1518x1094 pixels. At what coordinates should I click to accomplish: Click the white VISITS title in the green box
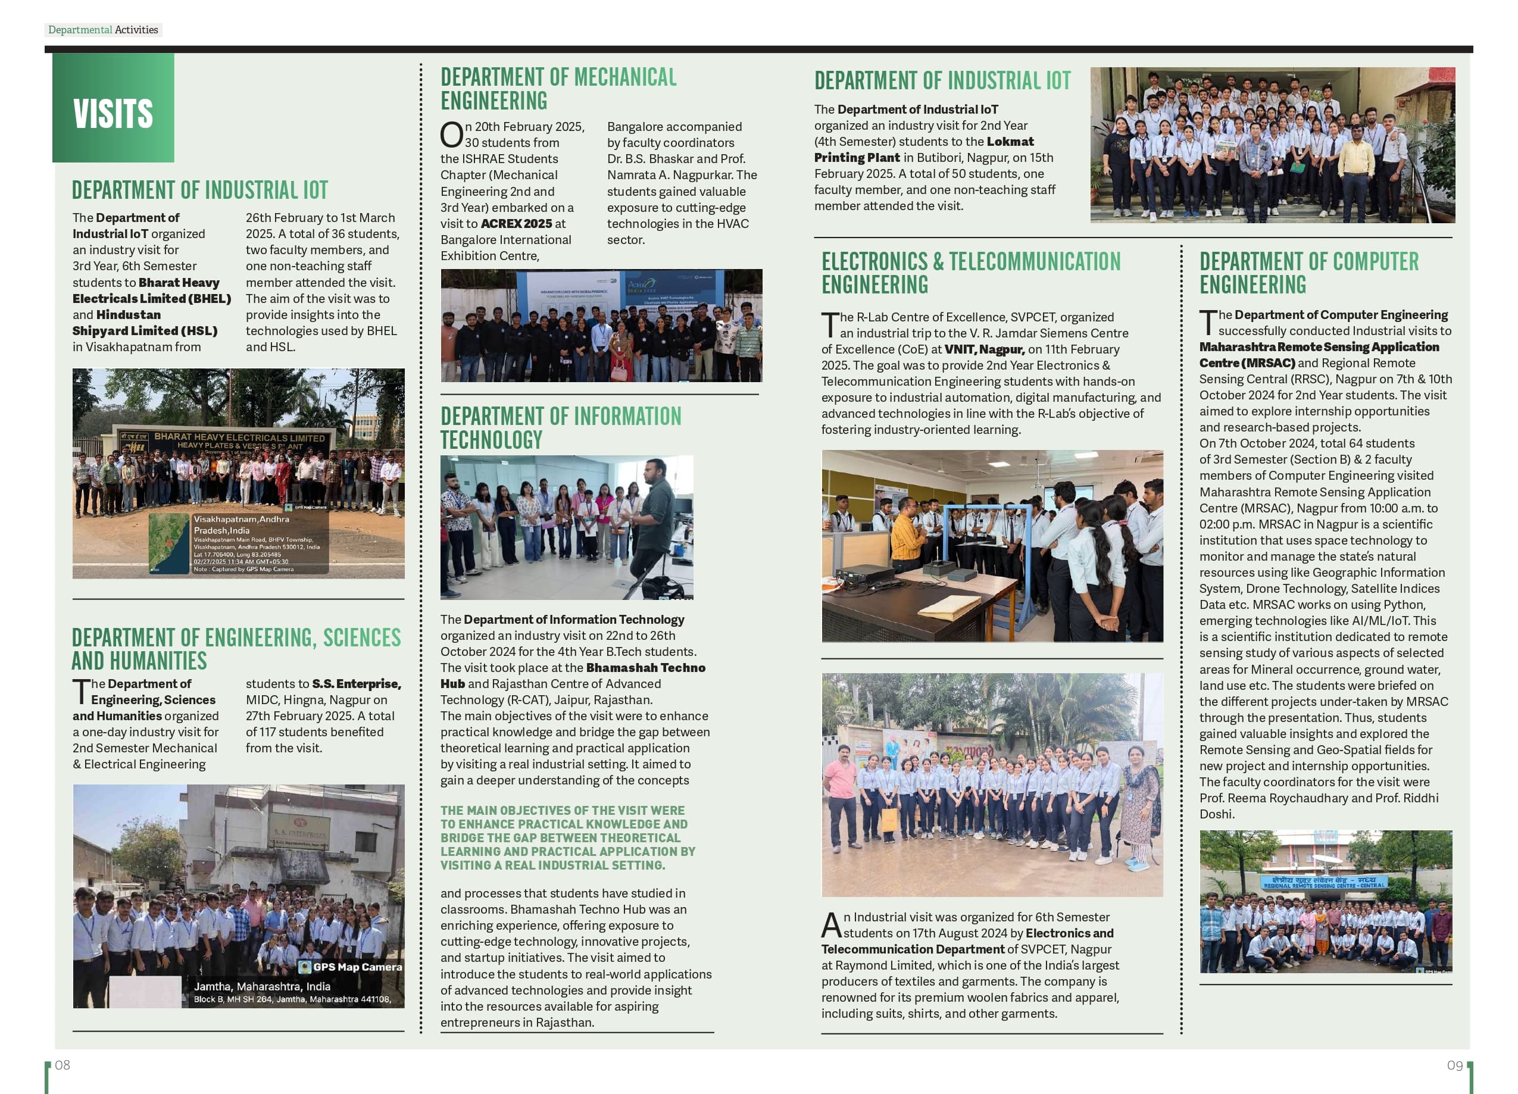[x=113, y=114]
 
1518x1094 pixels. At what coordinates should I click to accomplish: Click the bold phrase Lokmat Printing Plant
[x=924, y=150]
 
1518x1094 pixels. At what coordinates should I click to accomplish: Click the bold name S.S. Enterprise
[x=356, y=683]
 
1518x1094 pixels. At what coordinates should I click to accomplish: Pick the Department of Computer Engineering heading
[x=1308, y=273]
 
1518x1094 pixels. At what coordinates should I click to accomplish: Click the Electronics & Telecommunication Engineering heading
[x=970, y=273]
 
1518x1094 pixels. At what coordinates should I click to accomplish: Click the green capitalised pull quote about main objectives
[x=567, y=837]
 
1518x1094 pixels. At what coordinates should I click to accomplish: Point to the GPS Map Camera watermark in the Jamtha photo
[x=350, y=967]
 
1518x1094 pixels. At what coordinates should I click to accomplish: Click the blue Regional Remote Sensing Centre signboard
[x=1323, y=883]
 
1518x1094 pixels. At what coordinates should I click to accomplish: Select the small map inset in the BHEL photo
[x=169, y=543]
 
